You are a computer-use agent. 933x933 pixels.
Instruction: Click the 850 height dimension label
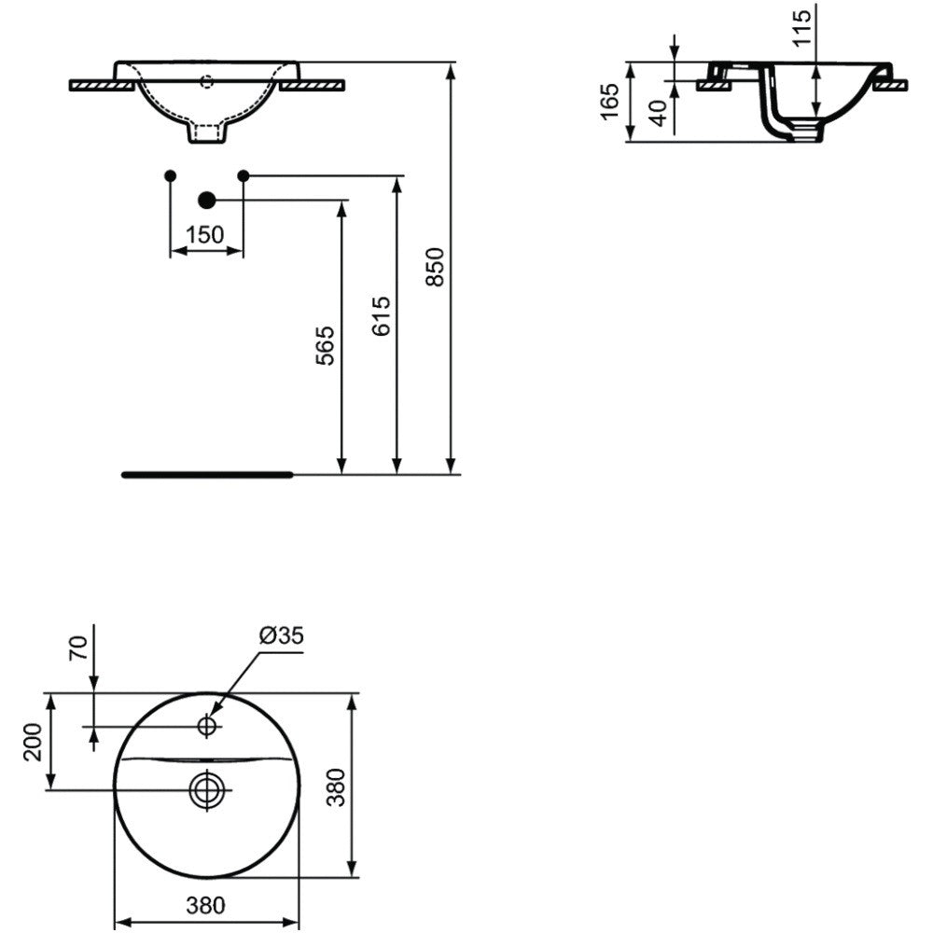pos(436,267)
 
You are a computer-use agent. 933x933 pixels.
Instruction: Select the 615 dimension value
pos(382,315)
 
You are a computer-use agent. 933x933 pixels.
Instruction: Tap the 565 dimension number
pos(325,345)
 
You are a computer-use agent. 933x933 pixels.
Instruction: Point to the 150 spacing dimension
pos(205,235)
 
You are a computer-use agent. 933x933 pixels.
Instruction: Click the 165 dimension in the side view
pos(610,102)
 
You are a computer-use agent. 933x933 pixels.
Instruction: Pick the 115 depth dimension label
pos(802,27)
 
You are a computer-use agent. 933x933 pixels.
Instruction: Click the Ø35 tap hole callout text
pos(282,635)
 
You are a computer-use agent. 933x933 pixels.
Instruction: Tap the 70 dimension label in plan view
pos(78,648)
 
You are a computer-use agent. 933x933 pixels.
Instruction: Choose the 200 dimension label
pos(34,742)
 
